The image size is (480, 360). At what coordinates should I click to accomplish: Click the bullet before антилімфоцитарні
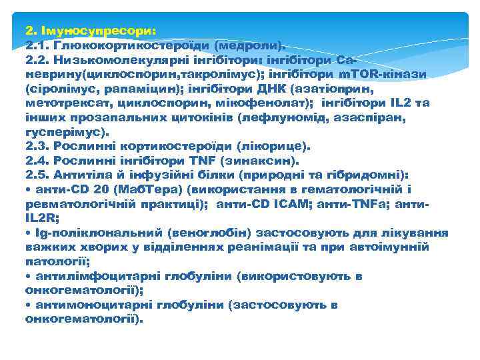28,276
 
